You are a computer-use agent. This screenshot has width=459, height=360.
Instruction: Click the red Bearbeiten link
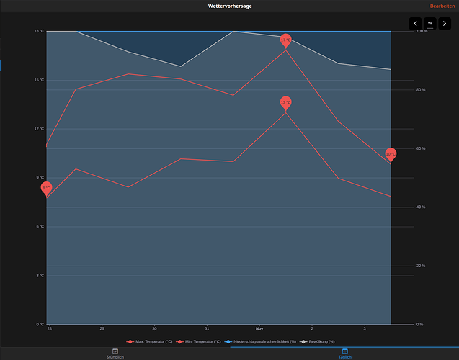(442, 6)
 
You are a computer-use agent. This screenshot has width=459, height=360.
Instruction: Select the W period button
(430, 23)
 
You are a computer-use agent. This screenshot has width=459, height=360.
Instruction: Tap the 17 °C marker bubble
(286, 40)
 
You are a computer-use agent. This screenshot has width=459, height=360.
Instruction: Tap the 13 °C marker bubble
(285, 102)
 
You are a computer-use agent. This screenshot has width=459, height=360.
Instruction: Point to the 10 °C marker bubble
(391, 153)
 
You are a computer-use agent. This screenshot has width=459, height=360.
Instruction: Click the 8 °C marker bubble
(46, 187)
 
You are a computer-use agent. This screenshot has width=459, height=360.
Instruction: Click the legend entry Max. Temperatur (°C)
(150, 341)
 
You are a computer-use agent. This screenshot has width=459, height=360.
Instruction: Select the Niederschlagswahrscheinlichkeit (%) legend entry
(260, 341)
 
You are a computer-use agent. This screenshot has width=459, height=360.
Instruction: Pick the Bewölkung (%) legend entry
(318, 341)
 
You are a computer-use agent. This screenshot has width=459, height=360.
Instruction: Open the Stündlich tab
(115, 353)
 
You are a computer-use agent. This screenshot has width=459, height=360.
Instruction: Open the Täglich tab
(344, 353)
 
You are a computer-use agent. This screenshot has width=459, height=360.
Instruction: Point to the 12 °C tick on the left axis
(39, 129)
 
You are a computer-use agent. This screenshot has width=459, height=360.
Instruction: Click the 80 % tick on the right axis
(420, 90)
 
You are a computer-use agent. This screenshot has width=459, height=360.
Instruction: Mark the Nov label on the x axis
(259, 328)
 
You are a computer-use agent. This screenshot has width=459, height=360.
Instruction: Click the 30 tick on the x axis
(154, 328)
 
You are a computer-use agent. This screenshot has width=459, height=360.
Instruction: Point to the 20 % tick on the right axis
(420, 266)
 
